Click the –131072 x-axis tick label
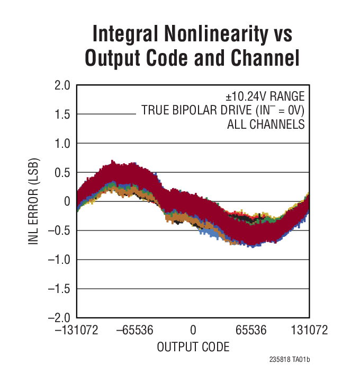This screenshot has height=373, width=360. (76, 331)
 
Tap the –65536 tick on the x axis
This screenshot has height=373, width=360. (134, 331)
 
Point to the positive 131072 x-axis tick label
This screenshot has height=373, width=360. (309, 331)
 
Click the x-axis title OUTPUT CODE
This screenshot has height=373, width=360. (193, 347)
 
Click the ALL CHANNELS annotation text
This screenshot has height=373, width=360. (266, 125)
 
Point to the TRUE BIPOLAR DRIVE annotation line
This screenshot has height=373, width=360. (223, 111)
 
